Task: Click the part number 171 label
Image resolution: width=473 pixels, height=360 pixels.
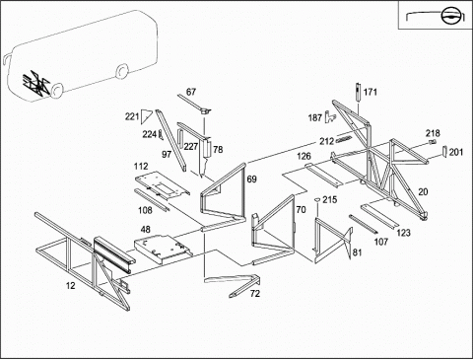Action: (x=371, y=92)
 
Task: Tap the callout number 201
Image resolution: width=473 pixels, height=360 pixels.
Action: (x=456, y=152)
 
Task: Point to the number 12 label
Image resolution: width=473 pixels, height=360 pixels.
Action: (x=71, y=286)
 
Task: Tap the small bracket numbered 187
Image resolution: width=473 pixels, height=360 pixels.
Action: (x=330, y=116)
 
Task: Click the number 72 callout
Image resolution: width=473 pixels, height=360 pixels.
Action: (x=255, y=294)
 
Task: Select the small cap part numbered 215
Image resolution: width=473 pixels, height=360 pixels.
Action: (x=317, y=199)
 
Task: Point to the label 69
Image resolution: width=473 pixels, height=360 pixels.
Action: (x=252, y=180)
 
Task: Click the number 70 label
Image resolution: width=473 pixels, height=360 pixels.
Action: (x=301, y=209)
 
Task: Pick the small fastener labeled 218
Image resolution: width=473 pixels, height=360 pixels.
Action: (x=433, y=142)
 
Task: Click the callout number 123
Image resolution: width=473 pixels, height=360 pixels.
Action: (x=403, y=233)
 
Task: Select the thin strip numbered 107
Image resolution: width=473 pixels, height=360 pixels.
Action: (x=364, y=224)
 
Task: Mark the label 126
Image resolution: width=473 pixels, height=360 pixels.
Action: (x=304, y=156)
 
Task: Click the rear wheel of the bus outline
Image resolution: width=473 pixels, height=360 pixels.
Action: (x=122, y=72)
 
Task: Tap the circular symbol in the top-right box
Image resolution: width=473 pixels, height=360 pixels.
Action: (x=449, y=16)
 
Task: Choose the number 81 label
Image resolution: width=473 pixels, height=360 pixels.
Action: (x=357, y=252)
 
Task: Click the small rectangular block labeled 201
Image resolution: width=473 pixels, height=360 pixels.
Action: (x=444, y=151)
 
